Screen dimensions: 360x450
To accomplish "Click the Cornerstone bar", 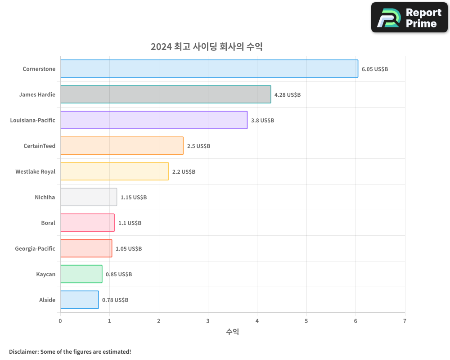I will (209, 69).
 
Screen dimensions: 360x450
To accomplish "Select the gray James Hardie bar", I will (166, 94).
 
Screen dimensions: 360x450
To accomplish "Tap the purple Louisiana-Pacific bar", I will (153, 120).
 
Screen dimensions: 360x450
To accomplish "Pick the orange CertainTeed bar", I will (121, 146).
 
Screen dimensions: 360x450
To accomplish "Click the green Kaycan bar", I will (81, 274).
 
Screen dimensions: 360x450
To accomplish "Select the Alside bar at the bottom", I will (79, 300).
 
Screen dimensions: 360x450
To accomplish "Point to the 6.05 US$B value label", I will (375, 69).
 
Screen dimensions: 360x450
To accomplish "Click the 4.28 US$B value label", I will (288, 95).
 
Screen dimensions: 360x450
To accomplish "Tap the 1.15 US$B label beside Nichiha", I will (134, 198).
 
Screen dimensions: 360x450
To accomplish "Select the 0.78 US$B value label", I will (115, 300).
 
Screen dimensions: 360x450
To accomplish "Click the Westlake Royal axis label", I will (35, 172).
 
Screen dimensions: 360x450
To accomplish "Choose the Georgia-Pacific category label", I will (35, 249).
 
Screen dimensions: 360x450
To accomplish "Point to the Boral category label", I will (48, 223).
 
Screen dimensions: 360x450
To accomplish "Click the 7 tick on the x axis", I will (405, 321).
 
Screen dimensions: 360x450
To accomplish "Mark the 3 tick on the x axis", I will (208, 321).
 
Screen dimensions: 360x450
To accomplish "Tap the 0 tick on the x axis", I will (60, 321).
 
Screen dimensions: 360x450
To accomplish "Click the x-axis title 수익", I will (232, 332).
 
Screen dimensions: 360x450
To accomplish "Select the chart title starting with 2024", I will (207, 47).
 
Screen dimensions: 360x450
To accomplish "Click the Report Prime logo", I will (409, 18).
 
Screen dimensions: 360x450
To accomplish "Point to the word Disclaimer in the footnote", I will (23, 352).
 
